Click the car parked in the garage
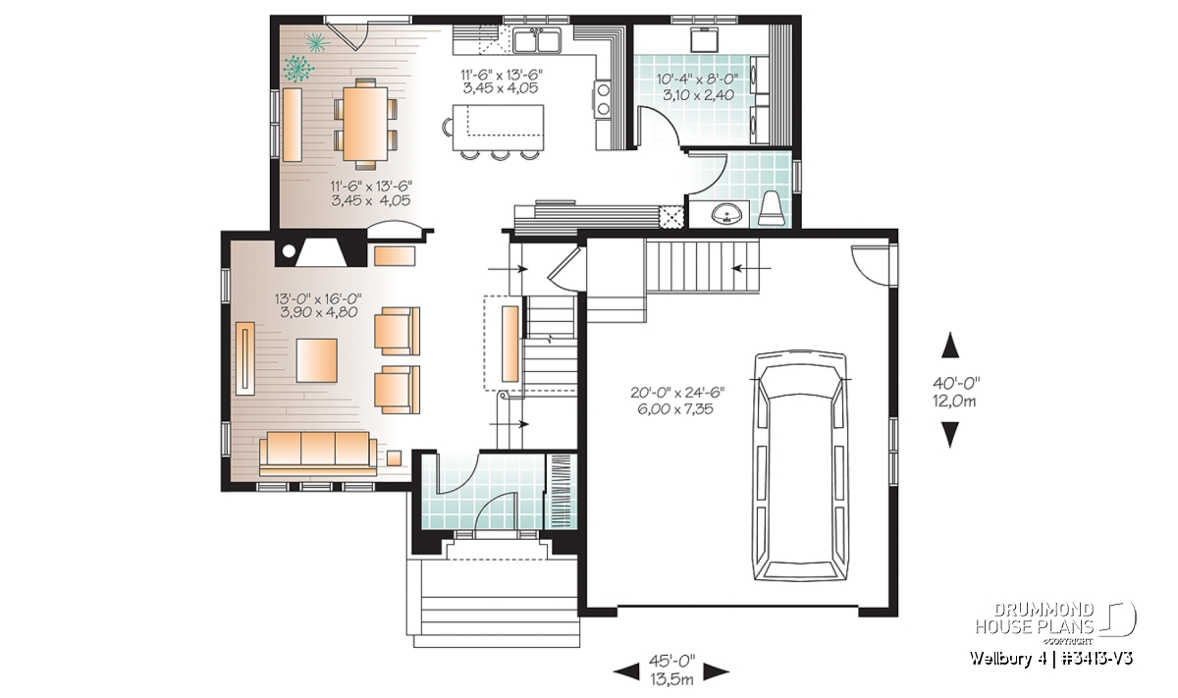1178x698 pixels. tap(800, 465)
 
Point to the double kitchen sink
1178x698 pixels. tap(538, 40)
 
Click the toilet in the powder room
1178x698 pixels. tap(773, 209)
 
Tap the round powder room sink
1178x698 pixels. tap(726, 214)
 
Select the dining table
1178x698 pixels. tap(365, 124)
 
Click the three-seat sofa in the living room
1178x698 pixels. tap(318, 453)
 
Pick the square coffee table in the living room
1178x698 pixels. tap(316, 360)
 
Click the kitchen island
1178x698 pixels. tap(497, 128)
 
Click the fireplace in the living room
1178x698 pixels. tap(321, 252)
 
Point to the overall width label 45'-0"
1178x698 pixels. tap(671, 660)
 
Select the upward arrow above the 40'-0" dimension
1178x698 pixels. tap(950, 346)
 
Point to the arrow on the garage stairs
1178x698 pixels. tap(752, 269)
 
